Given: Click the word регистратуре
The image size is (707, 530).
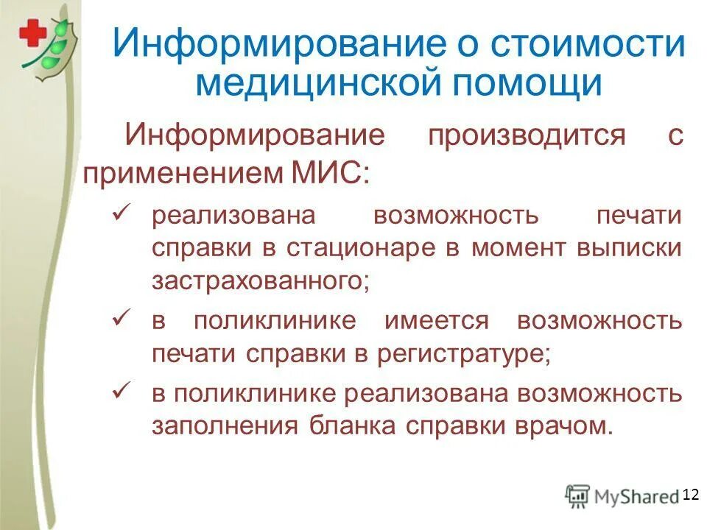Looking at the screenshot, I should (x=463, y=354).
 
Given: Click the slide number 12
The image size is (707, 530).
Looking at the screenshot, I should (x=690, y=494).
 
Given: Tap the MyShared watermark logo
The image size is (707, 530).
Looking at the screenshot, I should (x=622, y=496).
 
